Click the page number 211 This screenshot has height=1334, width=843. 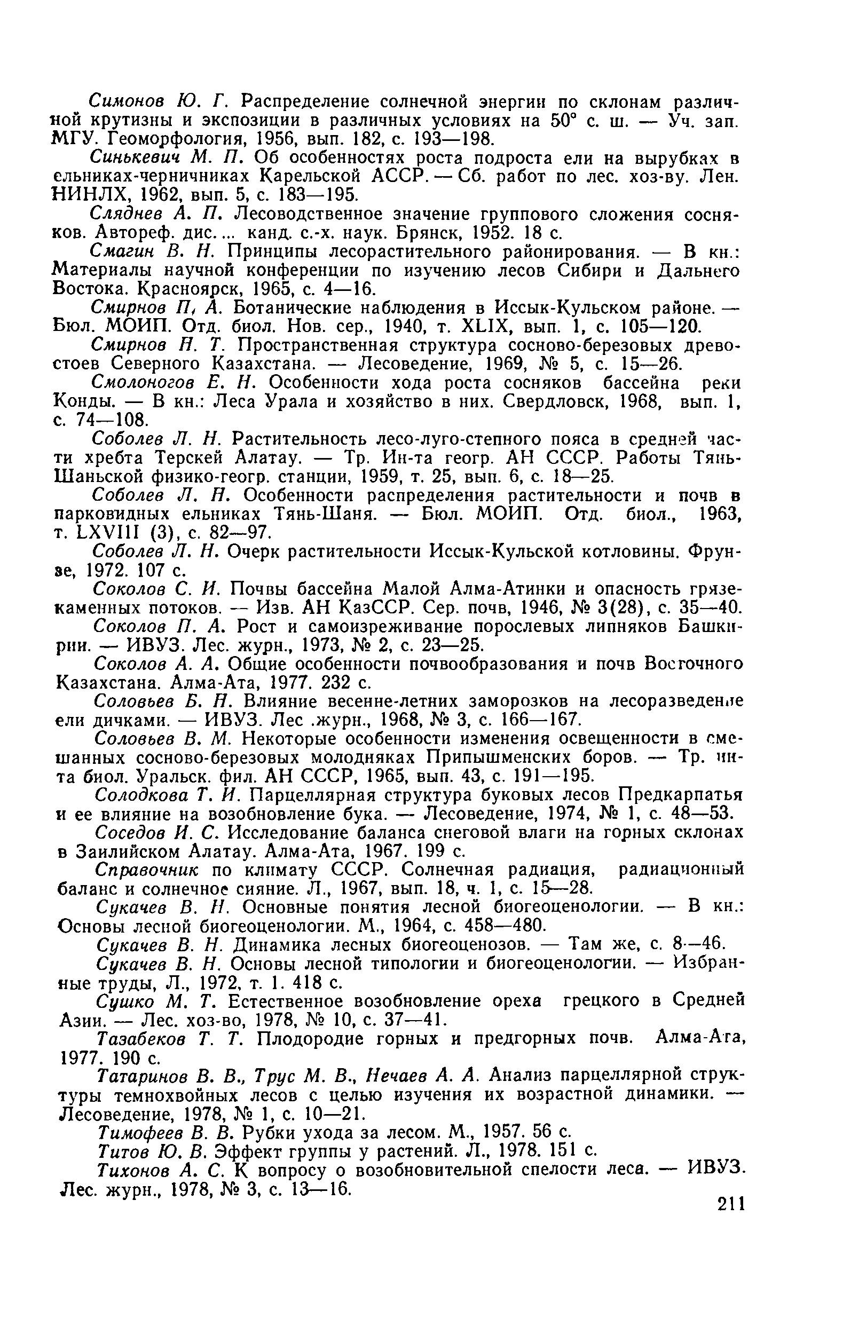coord(730,1204)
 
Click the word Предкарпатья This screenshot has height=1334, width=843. coord(680,795)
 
